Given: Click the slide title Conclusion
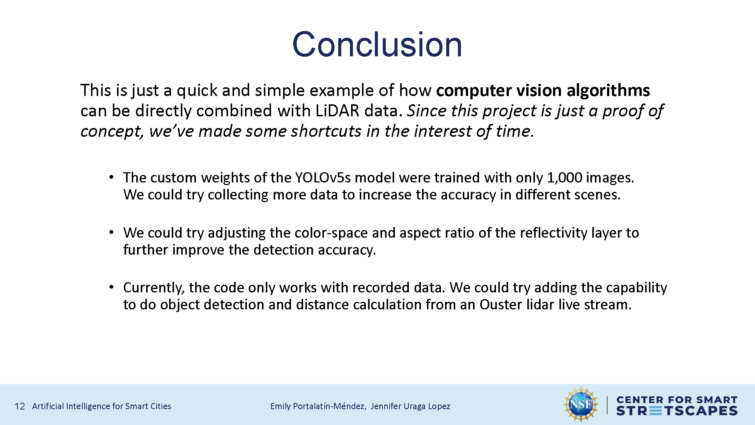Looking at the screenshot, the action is pyautogui.click(x=377, y=45).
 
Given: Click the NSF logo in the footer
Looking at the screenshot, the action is pyautogui.click(x=581, y=404).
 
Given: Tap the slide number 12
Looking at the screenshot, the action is pyautogui.click(x=20, y=406).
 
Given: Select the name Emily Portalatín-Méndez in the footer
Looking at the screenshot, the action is pyautogui.click(x=317, y=406).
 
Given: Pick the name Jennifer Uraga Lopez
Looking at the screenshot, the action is pyautogui.click(x=410, y=406).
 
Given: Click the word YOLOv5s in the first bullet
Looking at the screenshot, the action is pyautogui.click(x=323, y=178).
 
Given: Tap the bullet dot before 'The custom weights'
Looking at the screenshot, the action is pyautogui.click(x=111, y=177).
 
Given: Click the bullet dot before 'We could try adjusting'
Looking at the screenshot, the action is pyautogui.click(x=111, y=232).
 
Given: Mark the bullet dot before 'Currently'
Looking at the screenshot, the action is pyautogui.click(x=111, y=287).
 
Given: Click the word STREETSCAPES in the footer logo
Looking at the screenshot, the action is pyautogui.click(x=677, y=411).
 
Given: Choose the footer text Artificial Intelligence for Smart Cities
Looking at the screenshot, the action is pyautogui.click(x=102, y=406).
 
